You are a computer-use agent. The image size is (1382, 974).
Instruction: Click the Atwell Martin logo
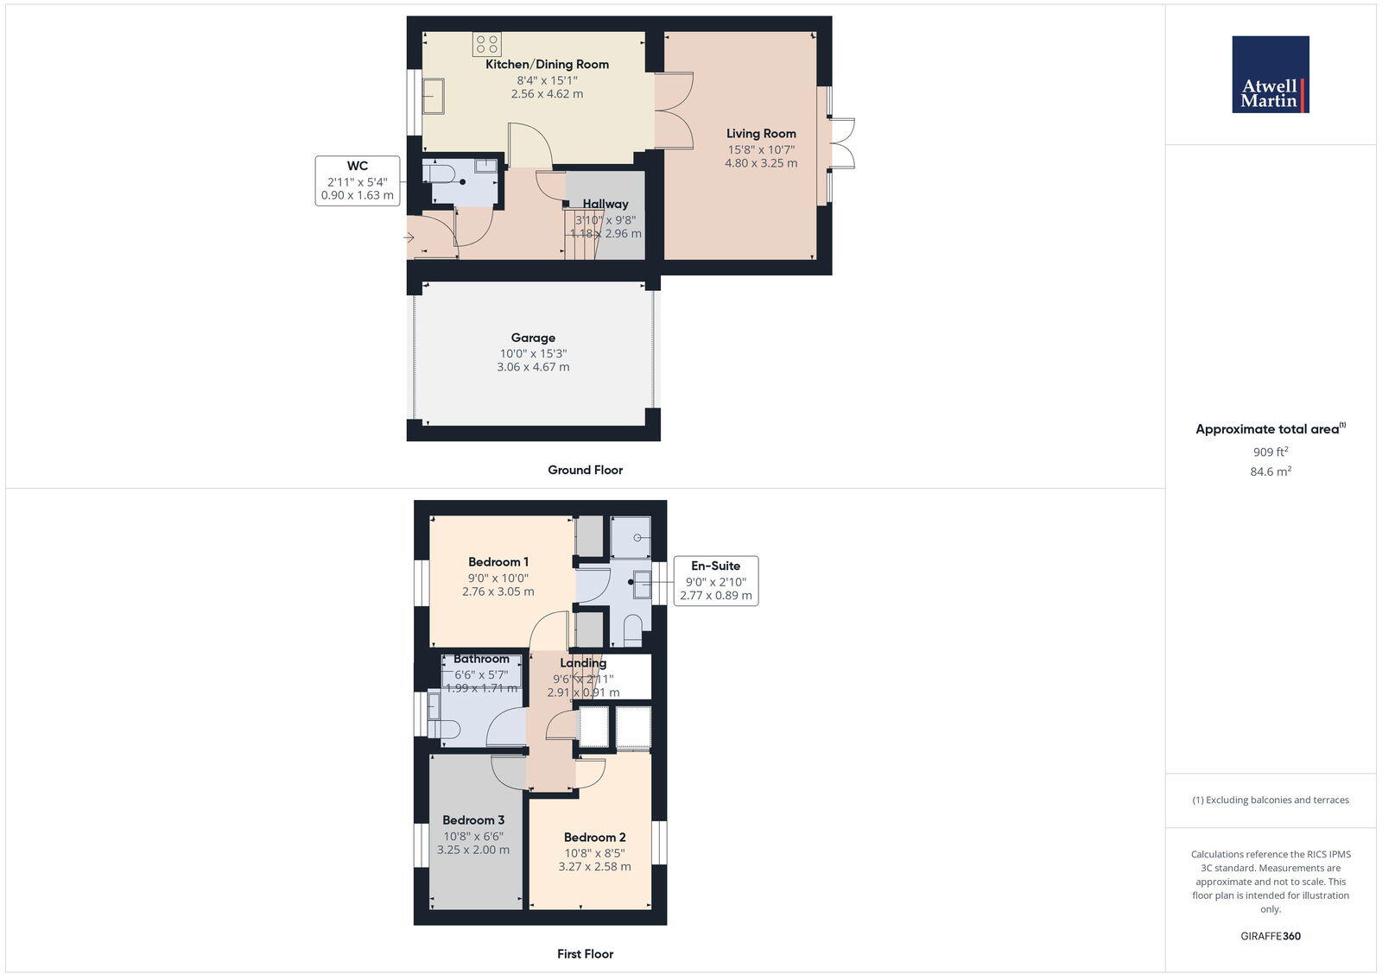point(1270,74)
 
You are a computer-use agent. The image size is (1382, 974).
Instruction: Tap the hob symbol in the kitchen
point(486,44)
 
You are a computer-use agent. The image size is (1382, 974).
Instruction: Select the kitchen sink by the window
point(433,96)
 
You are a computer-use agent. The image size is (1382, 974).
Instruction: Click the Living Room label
point(761,133)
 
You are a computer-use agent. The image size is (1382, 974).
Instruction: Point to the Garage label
point(533,338)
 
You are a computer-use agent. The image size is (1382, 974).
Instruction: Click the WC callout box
point(357,180)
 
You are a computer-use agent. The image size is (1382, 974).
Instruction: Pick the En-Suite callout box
point(715,580)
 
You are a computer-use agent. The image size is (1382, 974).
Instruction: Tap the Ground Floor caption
point(585,470)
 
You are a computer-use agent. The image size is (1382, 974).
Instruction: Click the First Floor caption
point(585,954)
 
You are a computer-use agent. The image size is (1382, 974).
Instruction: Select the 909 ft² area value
point(1271,452)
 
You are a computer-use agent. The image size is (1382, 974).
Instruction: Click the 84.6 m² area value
point(1271,471)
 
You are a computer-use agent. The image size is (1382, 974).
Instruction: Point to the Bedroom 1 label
point(498,562)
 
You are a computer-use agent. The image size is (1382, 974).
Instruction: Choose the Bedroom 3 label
point(473,820)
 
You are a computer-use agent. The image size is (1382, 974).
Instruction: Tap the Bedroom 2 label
point(594,837)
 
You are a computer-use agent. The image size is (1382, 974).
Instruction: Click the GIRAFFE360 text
point(1271,936)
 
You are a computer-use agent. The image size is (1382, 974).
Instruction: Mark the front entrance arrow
point(409,237)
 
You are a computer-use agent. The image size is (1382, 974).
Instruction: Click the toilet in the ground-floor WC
point(440,174)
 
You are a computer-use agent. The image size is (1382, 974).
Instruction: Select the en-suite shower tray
point(631,537)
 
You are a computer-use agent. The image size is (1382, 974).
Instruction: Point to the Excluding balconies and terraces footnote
point(1271,800)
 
